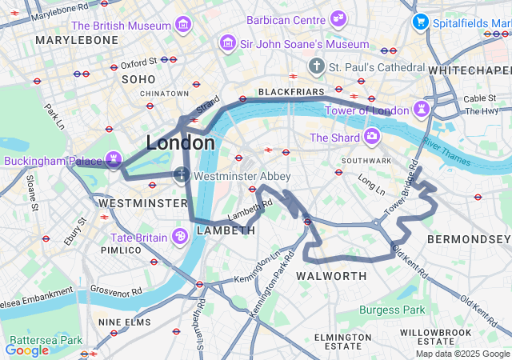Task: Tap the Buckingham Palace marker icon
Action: tap(114, 161)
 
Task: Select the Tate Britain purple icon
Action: tap(180, 237)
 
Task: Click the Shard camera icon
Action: tap(372, 138)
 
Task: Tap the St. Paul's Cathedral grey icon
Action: tap(318, 65)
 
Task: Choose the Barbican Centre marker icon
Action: tap(338, 18)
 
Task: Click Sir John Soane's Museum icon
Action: tap(229, 43)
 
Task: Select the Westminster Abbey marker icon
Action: tap(182, 175)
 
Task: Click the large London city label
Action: tap(180, 143)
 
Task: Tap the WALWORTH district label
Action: tap(331, 276)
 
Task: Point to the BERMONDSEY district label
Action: tap(468, 239)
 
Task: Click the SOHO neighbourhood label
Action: tap(138, 79)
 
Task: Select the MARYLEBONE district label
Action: tap(77, 39)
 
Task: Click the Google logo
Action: tap(26, 350)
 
